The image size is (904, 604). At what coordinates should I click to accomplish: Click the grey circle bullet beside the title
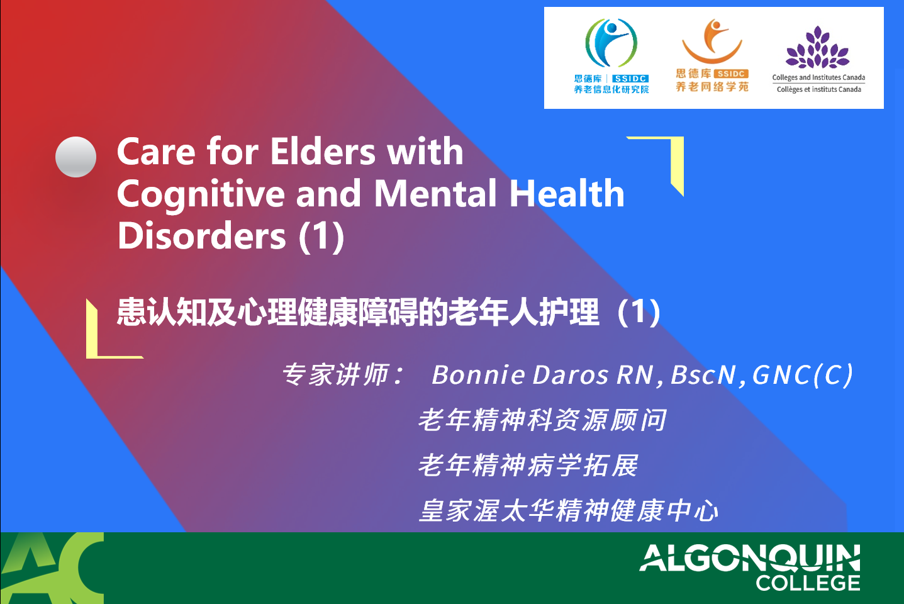coord(76,157)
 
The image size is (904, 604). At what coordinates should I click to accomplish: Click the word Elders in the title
coord(323,152)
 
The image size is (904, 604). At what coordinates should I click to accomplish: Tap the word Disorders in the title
coord(202,236)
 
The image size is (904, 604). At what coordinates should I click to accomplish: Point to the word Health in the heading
coord(567,194)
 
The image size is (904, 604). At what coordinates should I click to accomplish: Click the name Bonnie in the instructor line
coord(478,375)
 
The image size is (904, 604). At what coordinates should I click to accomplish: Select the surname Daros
coord(571,375)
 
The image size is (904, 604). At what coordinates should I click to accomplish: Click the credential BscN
coord(703,375)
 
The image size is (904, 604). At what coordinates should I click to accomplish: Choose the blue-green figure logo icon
coord(611,43)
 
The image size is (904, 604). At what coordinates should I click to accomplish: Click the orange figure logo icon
coord(712,41)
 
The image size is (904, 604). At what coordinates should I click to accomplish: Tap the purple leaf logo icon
coord(818,48)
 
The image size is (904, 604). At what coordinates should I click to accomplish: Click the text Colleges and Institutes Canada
coord(818,77)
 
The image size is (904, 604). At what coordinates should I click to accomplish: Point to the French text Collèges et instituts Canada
coord(819,89)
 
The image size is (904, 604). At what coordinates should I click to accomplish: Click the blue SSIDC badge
coord(630,79)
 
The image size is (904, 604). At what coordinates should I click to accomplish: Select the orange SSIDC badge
coord(731,74)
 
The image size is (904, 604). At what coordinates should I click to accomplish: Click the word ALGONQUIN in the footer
coord(750,557)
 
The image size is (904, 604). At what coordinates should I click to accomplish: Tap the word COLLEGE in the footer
coord(808,583)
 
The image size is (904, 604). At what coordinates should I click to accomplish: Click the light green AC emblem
coord(52,568)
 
